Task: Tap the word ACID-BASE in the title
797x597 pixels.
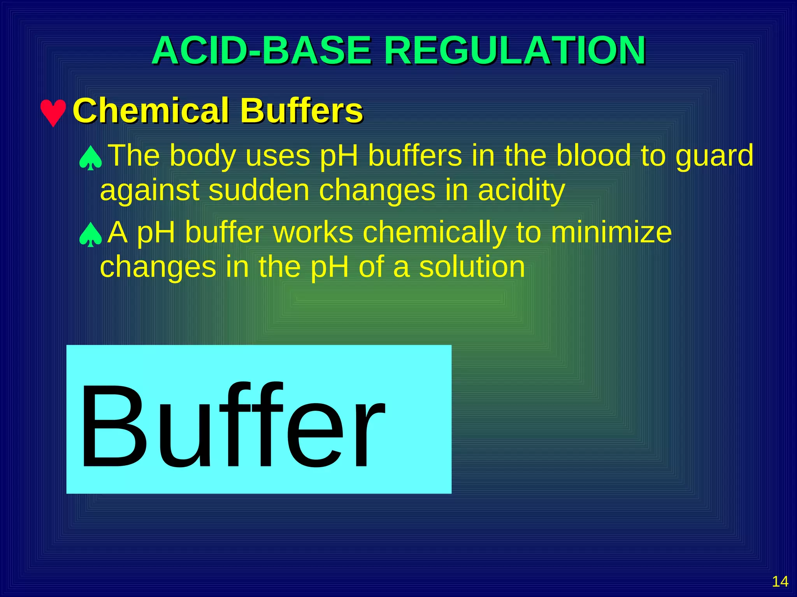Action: coord(262,51)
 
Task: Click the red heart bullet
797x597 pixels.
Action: coord(53,113)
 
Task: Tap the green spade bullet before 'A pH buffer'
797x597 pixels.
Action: coord(90,235)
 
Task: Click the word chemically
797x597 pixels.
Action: coord(434,233)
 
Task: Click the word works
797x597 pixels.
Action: coord(313,232)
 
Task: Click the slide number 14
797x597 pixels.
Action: coord(780,581)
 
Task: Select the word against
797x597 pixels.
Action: coord(149,191)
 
